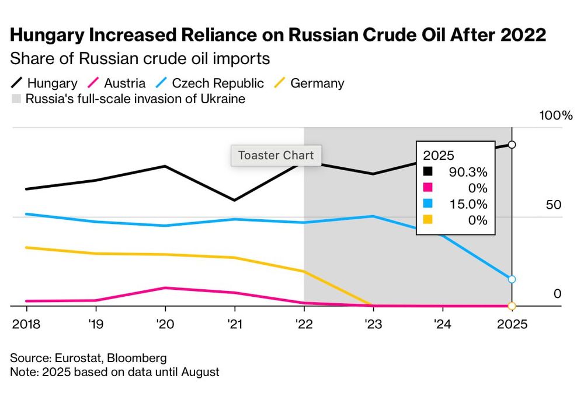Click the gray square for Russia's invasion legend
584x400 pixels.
(x=16, y=99)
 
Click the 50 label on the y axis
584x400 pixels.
(x=553, y=205)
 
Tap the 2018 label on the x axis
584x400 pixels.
(x=26, y=324)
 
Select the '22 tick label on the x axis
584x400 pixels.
(x=304, y=324)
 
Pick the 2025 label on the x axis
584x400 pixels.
(x=512, y=324)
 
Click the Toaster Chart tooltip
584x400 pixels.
(x=276, y=156)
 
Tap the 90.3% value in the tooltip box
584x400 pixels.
(x=468, y=172)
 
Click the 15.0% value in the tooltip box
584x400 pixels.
(x=468, y=204)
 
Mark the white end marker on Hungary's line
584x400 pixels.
(x=512, y=144)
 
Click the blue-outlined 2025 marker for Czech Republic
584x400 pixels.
(x=512, y=279)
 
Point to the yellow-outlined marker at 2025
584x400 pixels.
(x=512, y=306)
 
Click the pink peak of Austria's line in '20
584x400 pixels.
(x=165, y=288)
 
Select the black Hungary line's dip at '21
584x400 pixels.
(x=234, y=200)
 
